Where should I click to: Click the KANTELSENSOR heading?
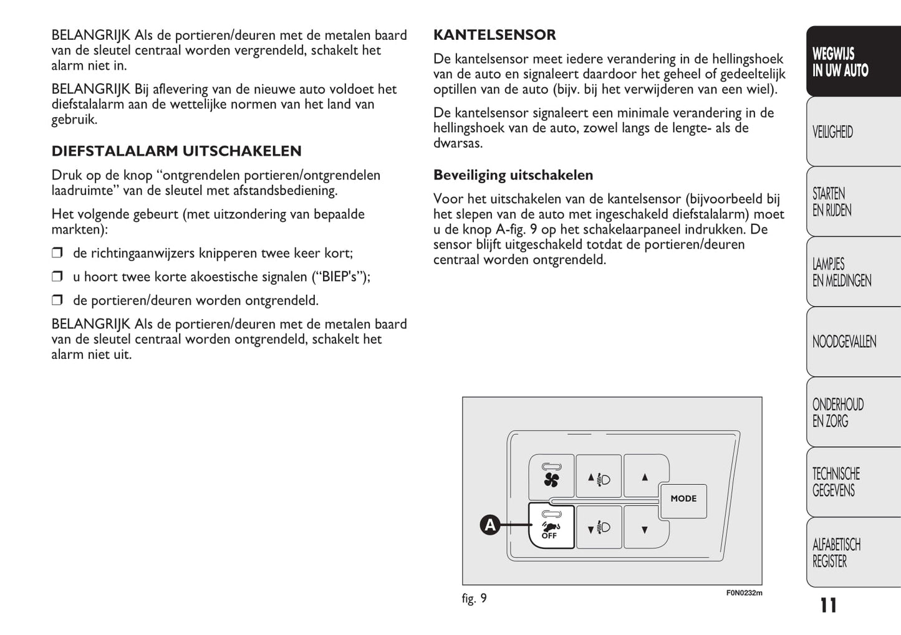pos(494,35)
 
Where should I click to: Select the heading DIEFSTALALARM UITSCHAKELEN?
pos(176,151)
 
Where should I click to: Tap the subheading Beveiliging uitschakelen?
pos(513,175)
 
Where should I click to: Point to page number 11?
pos(828,605)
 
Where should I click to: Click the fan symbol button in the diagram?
pos(551,477)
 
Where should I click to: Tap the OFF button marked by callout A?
pos(551,527)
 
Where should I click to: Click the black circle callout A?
pos(490,525)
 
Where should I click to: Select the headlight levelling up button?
pos(599,478)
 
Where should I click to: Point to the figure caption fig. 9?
pos(474,599)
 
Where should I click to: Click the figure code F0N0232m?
pos(744,593)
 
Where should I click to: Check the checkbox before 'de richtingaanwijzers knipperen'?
pos(57,253)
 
